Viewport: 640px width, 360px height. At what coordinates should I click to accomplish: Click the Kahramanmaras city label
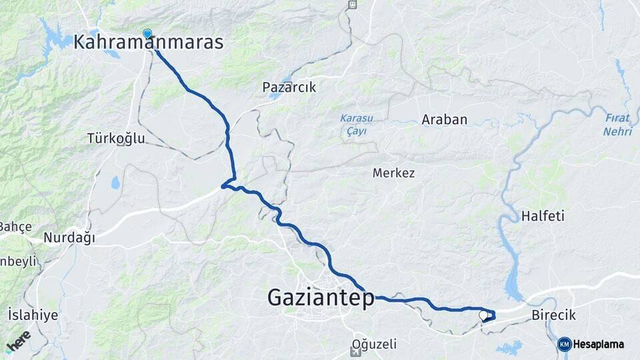pos(148,43)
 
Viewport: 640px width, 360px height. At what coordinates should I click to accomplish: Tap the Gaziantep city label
pos(321,298)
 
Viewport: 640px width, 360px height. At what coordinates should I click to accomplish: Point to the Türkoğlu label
pos(115,139)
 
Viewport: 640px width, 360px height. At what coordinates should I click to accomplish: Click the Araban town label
pos(444,120)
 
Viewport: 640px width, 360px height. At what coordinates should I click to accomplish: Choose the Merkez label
pos(393,173)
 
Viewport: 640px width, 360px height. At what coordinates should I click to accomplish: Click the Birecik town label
pos(554,315)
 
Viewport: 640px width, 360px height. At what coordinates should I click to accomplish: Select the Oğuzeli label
pos(373,345)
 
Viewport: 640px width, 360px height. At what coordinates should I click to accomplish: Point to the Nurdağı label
pos(69,238)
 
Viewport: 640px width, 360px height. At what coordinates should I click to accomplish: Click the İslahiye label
pos(33,315)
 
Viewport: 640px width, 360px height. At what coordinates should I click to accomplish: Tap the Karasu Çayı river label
pos(356,125)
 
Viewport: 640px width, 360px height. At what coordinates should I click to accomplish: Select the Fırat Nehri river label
pos(617,125)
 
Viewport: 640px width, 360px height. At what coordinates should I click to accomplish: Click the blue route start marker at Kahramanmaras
pos(147,33)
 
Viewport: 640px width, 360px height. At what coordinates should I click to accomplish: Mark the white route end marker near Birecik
pos(483,314)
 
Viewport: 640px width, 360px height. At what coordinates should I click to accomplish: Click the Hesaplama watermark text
pos(598,345)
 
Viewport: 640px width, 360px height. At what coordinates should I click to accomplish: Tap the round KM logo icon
pos(564,344)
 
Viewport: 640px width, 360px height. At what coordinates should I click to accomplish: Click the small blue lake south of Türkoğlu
pos(116,182)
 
